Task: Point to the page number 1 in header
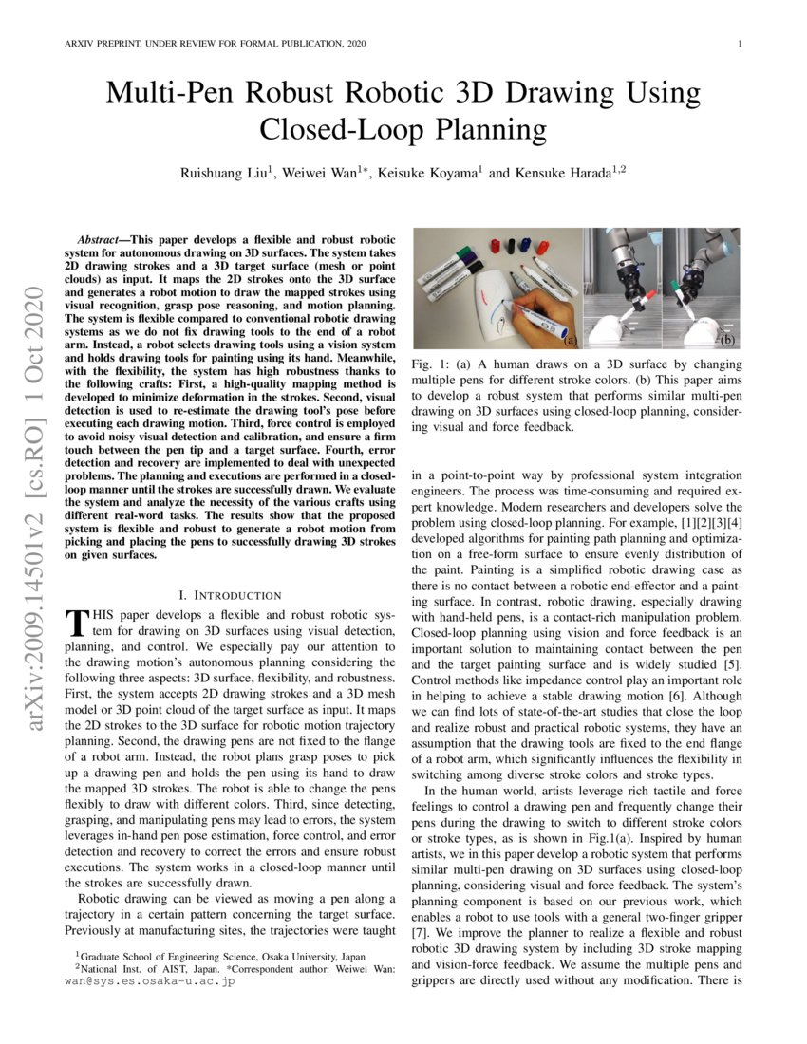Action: [739, 44]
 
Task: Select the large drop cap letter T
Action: [75, 624]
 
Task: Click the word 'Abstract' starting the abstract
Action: [103, 240]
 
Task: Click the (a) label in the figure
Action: [570, 338]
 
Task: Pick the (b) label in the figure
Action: [727, 338]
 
